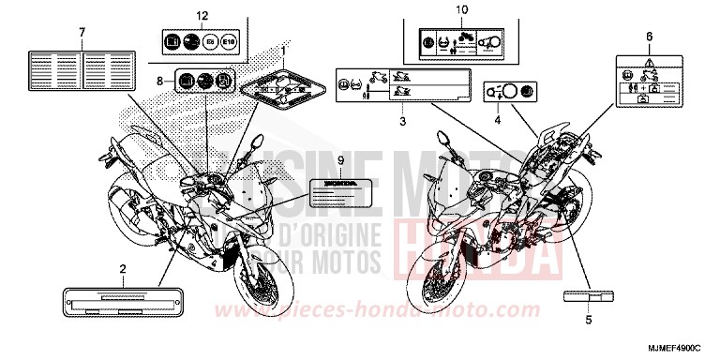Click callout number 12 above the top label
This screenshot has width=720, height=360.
point(197,17)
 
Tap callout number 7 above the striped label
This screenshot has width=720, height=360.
point(82,33)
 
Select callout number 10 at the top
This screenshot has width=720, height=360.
point(460,10)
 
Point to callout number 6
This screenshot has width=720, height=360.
point(648,36)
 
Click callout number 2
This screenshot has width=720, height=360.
point(122,269)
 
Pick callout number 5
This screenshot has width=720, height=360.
point(588,319)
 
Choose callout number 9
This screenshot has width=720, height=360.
point(340,161)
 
